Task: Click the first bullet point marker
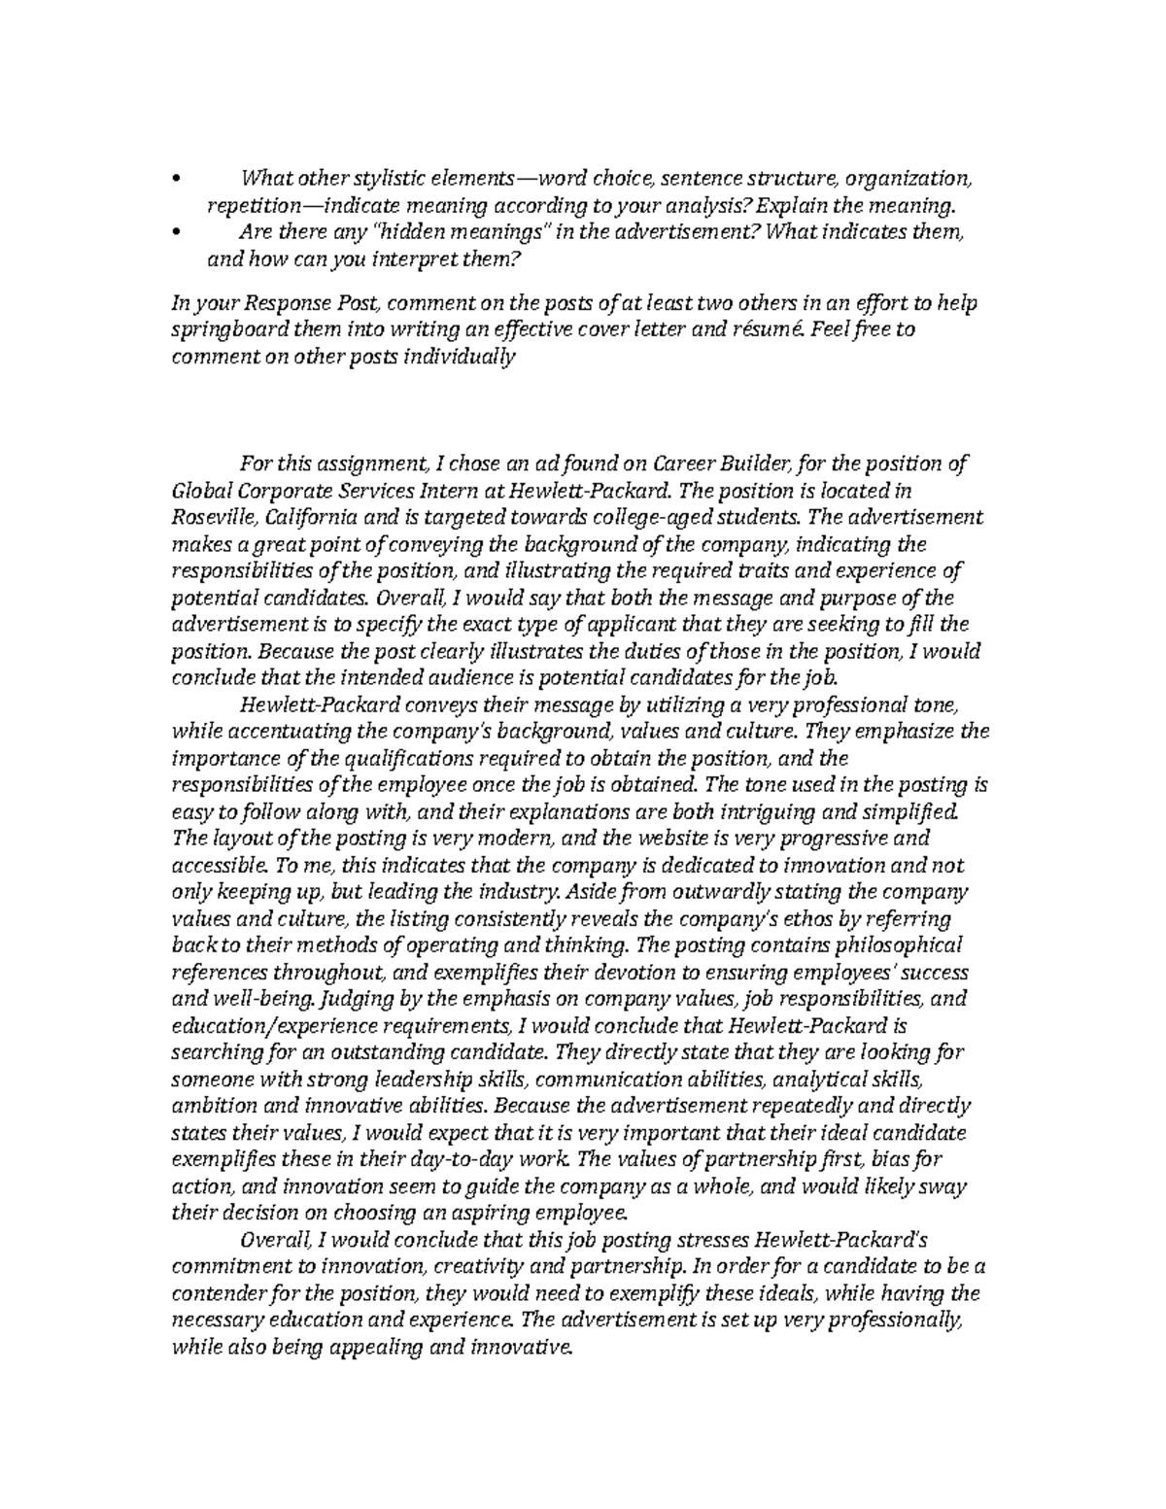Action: pos(175,180)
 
